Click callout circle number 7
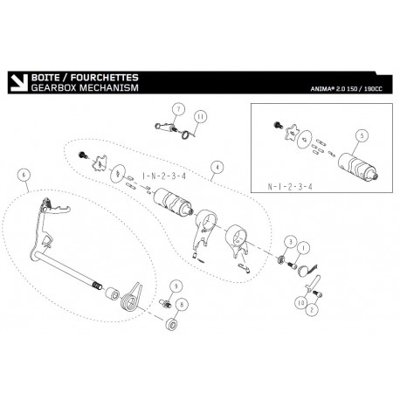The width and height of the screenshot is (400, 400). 178,109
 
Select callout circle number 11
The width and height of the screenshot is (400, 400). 200,117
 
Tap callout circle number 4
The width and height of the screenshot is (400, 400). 217,167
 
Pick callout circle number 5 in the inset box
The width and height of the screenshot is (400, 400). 362,135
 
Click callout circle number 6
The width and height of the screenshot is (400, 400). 24,175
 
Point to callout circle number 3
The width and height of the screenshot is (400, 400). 291,242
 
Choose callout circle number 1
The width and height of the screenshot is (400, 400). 303,248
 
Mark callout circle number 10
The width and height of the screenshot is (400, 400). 300,303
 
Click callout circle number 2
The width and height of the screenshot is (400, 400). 312,309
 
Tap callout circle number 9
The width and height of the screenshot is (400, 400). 176,286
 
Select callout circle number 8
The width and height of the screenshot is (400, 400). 182,305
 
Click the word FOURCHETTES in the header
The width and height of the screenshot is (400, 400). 105,78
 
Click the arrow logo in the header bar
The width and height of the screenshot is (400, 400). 19,83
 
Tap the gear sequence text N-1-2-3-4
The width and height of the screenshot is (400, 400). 290,187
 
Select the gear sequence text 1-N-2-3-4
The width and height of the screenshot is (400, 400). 164,176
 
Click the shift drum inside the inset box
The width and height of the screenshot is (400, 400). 357,166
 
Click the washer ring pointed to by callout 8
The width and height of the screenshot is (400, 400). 172,324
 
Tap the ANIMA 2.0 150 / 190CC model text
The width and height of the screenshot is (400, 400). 346,89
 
